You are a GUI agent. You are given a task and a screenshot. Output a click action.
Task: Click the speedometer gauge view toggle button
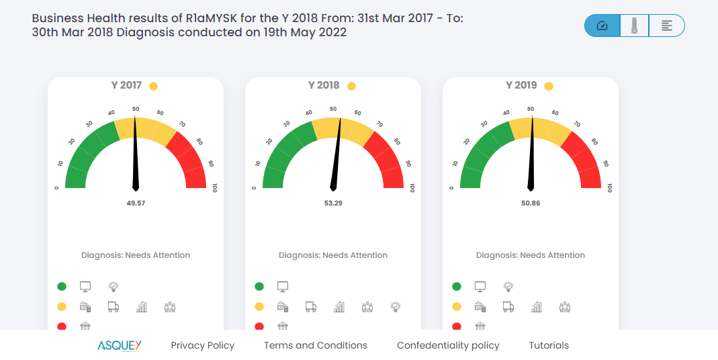click(602, 26)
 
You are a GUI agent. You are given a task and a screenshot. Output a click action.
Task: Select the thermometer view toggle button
click(634, 26)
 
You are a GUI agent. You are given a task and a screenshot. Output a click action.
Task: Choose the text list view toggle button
click(667, 26)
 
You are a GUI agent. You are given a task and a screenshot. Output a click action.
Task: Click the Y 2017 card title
click(126, 85)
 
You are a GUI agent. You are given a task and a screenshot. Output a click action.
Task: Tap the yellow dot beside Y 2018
click(351, 86)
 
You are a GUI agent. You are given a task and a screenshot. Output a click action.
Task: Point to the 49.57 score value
click(136, 202)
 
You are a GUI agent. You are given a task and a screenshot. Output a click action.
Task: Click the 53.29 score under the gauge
click(333, 202)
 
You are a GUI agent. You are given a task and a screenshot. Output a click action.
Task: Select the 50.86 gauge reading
click(531, 202)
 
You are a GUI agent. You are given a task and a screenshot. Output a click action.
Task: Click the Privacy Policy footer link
click(202, 345)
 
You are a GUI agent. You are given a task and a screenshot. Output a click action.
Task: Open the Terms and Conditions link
click(316, 345)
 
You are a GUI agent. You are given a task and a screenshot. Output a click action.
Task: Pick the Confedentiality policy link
click(448, 345)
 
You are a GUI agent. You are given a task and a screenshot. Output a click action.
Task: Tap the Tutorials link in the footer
click(549, 345)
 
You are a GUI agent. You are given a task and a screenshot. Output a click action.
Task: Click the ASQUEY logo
click(120, 345)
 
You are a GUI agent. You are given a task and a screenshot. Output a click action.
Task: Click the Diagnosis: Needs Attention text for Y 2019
click(531, 255)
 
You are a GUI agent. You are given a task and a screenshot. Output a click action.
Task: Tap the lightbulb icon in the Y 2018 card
click(396, 307)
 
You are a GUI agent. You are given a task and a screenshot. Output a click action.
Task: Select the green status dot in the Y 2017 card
click(62, 287)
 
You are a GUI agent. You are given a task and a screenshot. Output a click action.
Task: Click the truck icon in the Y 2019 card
click(508, 307)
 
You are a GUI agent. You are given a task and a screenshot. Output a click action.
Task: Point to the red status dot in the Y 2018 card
click(259, 326)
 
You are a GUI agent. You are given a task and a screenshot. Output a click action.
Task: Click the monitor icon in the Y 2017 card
click(85, 287)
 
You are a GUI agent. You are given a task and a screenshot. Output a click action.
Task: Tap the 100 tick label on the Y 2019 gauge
click(610, 188)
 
